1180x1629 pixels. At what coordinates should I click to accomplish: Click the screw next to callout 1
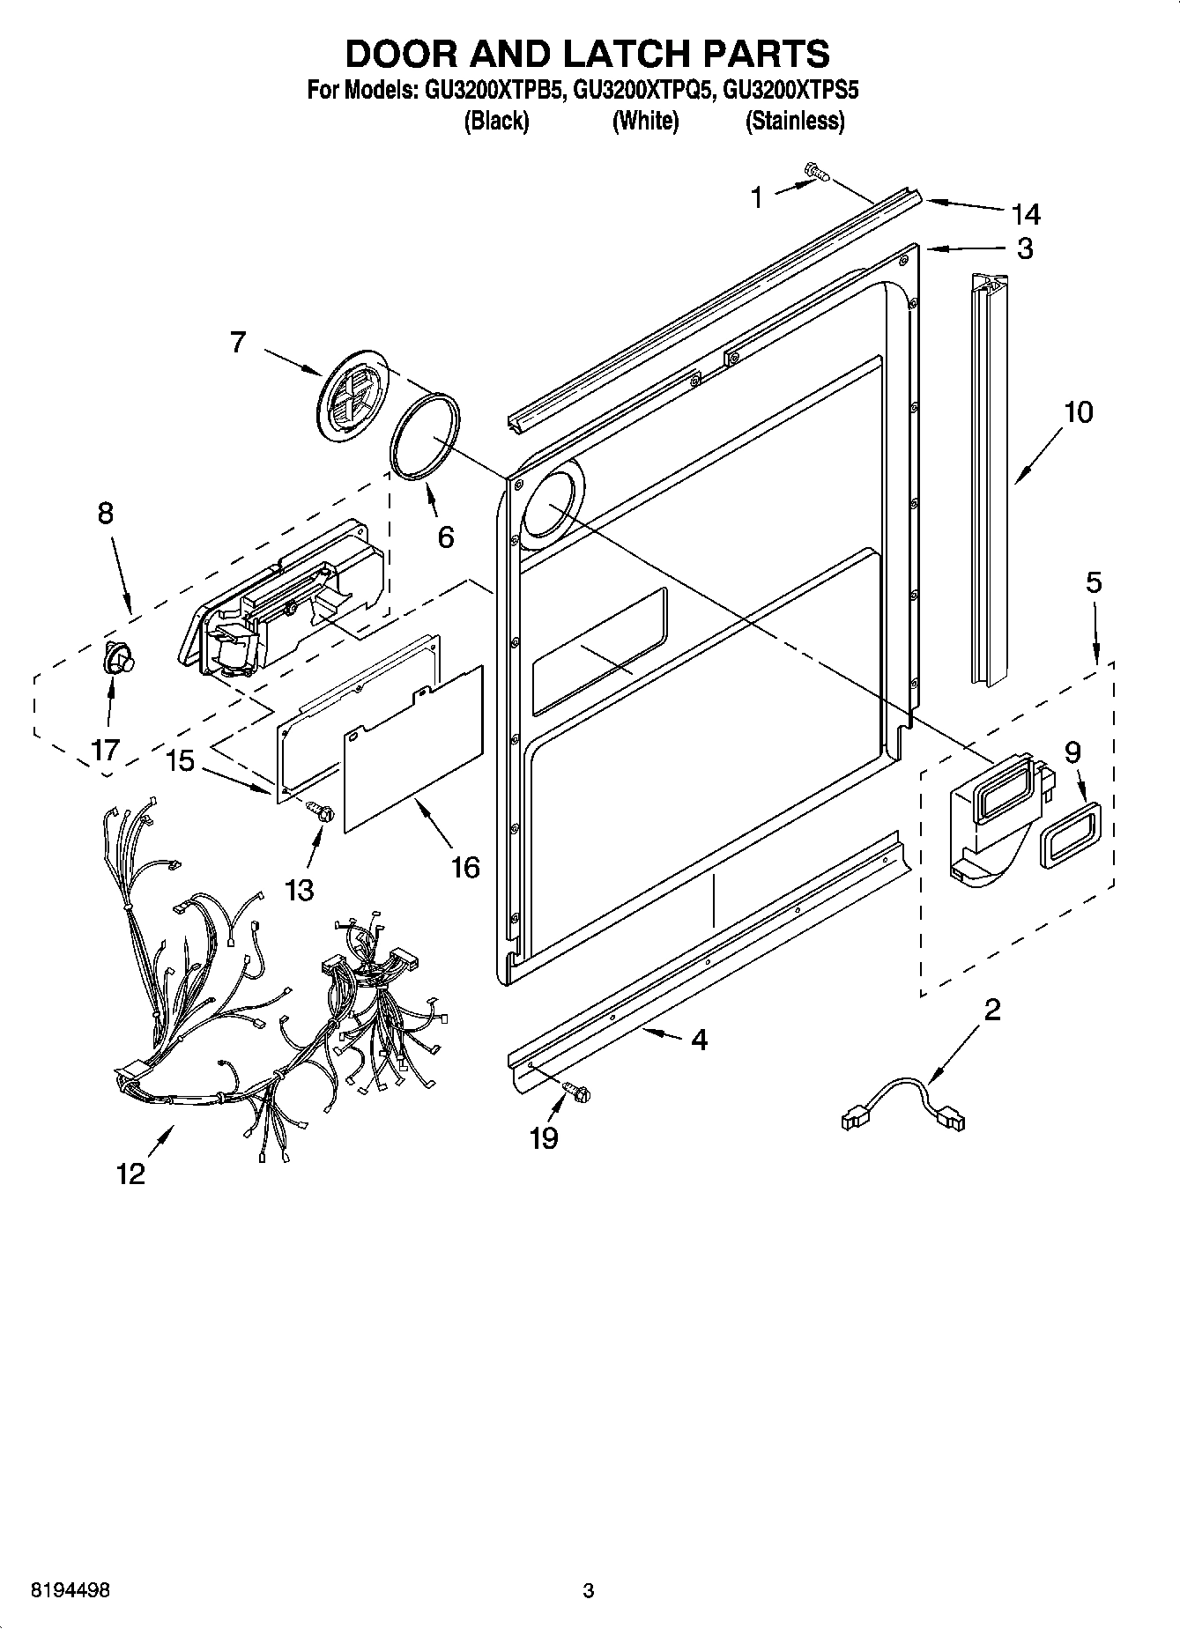(817, 173)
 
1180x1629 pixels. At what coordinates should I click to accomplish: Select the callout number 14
(1026, 214)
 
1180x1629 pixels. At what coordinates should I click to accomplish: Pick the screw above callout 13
(322, 811)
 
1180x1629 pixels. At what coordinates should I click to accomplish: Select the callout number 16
(465, 868)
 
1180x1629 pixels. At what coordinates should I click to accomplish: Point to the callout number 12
(130, 1174)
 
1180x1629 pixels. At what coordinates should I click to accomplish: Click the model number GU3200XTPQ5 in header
(641, 89)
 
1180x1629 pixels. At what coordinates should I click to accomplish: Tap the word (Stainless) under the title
(795, 121)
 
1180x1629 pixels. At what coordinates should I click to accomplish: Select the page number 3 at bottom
(589, 1590)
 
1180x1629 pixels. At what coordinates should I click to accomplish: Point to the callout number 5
(1093, 583)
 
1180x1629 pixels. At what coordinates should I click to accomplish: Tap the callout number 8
(105, 513)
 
